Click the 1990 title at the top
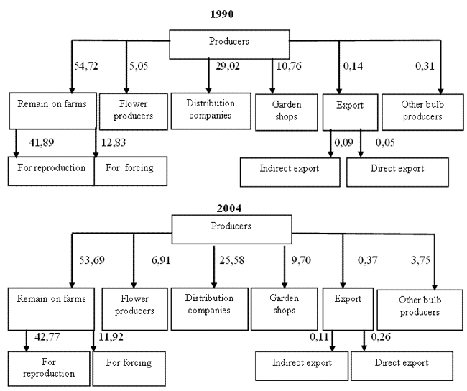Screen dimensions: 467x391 click(x=221, y=14)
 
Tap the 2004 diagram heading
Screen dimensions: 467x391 click(x=228, y=208)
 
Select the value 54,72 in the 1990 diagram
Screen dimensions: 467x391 click(x=85, y=66)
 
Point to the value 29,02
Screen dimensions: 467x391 click(x=228, y=66)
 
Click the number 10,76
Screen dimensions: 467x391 click(x=289, y=66)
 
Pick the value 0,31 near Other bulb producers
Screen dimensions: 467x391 click(x=425, y=66)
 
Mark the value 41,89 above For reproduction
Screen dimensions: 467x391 click(x=42, y=142)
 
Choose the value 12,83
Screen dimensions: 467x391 click(x=114, y=142)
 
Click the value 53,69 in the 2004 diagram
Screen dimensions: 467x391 click(x=92, y=260)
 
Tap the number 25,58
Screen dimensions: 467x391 click(x=232, y=260)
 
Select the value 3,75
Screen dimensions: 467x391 click(x=420, y=260)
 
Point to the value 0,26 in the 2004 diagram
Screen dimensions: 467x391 click(x=381, y=337)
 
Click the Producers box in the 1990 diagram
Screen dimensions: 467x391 click(x=229, y=45)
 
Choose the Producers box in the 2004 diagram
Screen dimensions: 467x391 click(x=232, y=229)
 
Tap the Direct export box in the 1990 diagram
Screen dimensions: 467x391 click(x=397, y=172)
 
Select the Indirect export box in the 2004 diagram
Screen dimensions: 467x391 click(x=302, y=366)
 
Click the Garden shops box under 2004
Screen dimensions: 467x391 click(x=284, y=309)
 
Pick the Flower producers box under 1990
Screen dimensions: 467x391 click(x=134, y=111)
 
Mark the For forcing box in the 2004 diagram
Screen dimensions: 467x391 click(x=129, y=369)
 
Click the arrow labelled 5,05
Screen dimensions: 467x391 click(x=126, y=67)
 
